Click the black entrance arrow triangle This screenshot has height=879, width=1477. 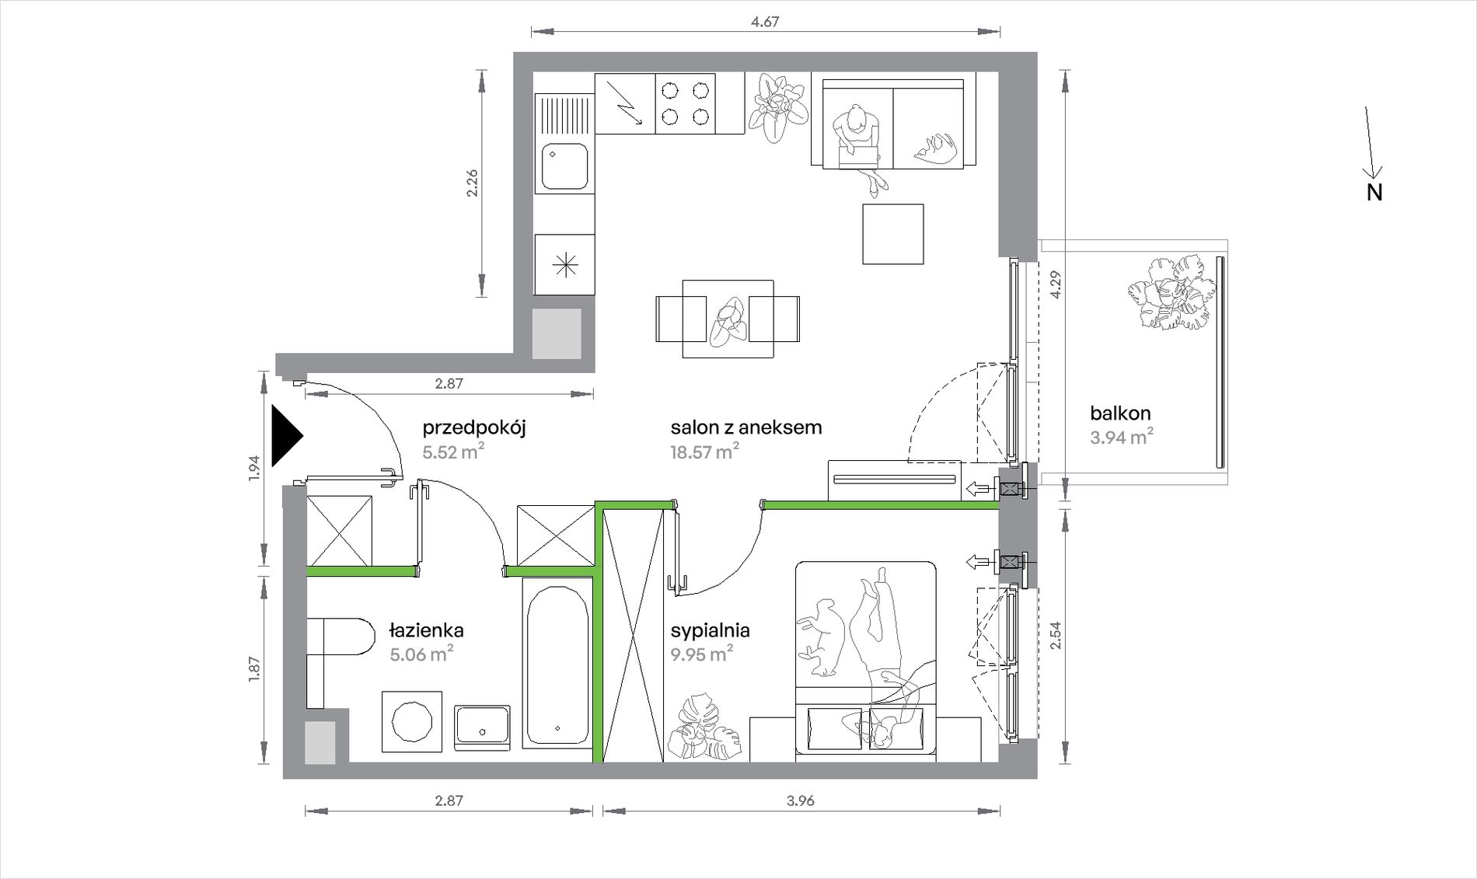pyautogui.click(x=285, y=436)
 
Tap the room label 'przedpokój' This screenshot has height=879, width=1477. pyautogui.click(x=474, y=427)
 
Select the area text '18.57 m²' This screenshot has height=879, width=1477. pyautogui.click(x=704, y=451)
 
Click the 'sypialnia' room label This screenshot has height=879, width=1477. pyautogui.click(x=710, y=630)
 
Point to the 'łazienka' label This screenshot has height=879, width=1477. pyautogui.click(x=427, y=630)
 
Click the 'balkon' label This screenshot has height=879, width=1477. pyautogui.click(x=1120, y=413)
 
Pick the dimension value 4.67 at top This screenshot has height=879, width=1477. pyautogui.click(x=765, y=22)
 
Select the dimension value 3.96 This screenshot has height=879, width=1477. pyautogui.click(x=800, y=801)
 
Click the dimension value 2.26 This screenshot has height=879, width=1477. pyautogui.click(x=471, y=183)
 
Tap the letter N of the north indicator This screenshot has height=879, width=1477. pyautogui.click(x=1374, y=192)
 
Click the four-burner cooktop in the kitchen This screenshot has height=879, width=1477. pyautogui.click(x=685, y=103)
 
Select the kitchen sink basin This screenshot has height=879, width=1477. pyautogui.click(x=564, y=166)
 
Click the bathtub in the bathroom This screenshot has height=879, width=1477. pyautogui.click(x=557, y=663)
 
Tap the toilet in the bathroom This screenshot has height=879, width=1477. pyautogui.click(x=340, y=637)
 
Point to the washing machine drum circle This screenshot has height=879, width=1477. pyautogui.click(x=412, y=721)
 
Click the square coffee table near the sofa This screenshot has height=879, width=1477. pyautogui.click(x=893, y=234)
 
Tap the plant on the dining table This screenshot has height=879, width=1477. pyautogui.click(x=728, y=322)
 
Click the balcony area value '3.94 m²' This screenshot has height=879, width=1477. pyautogui.click(x=1121, y=437)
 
